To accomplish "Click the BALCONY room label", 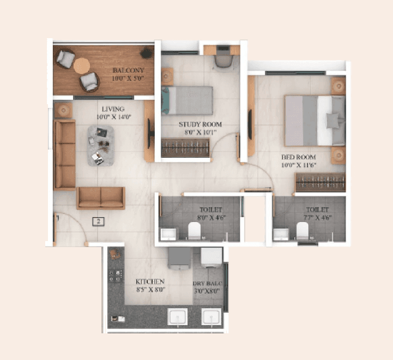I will click(x=128, y=70).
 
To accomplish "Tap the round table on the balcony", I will click(x=82, y=65).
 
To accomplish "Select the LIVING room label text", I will click(x=113, y=109).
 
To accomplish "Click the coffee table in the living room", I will click(x=101, y=145).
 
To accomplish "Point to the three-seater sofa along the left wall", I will click(x=64, y=154).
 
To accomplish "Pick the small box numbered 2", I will click(x=98, y=221).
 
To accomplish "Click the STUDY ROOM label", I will click(x=200, y=124).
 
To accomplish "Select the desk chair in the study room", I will click(x=222, y=59).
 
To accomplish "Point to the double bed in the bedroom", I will click(x=315, y=121).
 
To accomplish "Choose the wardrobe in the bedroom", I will click(x=321, y=183).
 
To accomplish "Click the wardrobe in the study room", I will click(x=186, y=147).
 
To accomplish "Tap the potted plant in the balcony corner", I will click(x=146, y=53).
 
